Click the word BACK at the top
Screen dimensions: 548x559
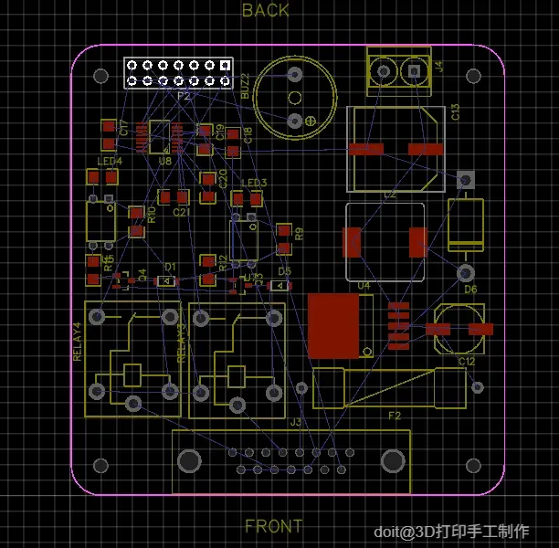click(x=265, y=11)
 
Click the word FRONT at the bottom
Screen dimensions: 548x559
click(x=274, y=527)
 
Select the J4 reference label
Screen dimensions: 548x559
click(x=440, y=66)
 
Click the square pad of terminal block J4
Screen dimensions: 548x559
click(x=414, y=70)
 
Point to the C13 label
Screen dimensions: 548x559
click(x=455, y=113)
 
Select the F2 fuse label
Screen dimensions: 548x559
click(x=395, y=416)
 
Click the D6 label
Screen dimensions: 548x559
click(x=470, y=290)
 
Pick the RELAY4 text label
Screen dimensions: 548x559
click(x=77, y=341)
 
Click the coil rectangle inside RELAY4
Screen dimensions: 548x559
click(x=132, y=374)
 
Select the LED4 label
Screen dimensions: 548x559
click(x=110, y=162)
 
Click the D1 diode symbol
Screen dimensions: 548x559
click(x=165, y=281)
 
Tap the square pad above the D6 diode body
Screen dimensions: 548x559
click(x=465, y=180)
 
